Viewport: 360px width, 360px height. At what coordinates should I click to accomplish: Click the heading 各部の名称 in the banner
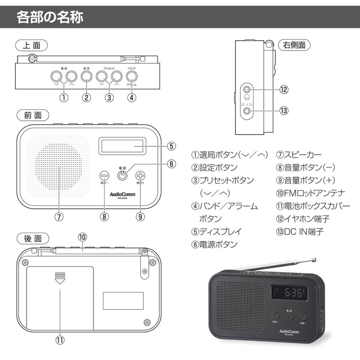tap(50, 18)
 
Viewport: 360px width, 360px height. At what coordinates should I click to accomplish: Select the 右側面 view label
tap(295, 45)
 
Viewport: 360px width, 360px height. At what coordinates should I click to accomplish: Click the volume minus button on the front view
tap(104, 176)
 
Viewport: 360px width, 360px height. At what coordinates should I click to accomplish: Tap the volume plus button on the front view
tap(140, 176)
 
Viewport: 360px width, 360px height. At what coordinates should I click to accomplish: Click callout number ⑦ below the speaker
tap(59, 216)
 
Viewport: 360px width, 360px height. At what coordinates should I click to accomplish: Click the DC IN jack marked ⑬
tap(247, 110)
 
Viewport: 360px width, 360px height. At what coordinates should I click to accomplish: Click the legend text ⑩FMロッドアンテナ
tap(310, 193)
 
